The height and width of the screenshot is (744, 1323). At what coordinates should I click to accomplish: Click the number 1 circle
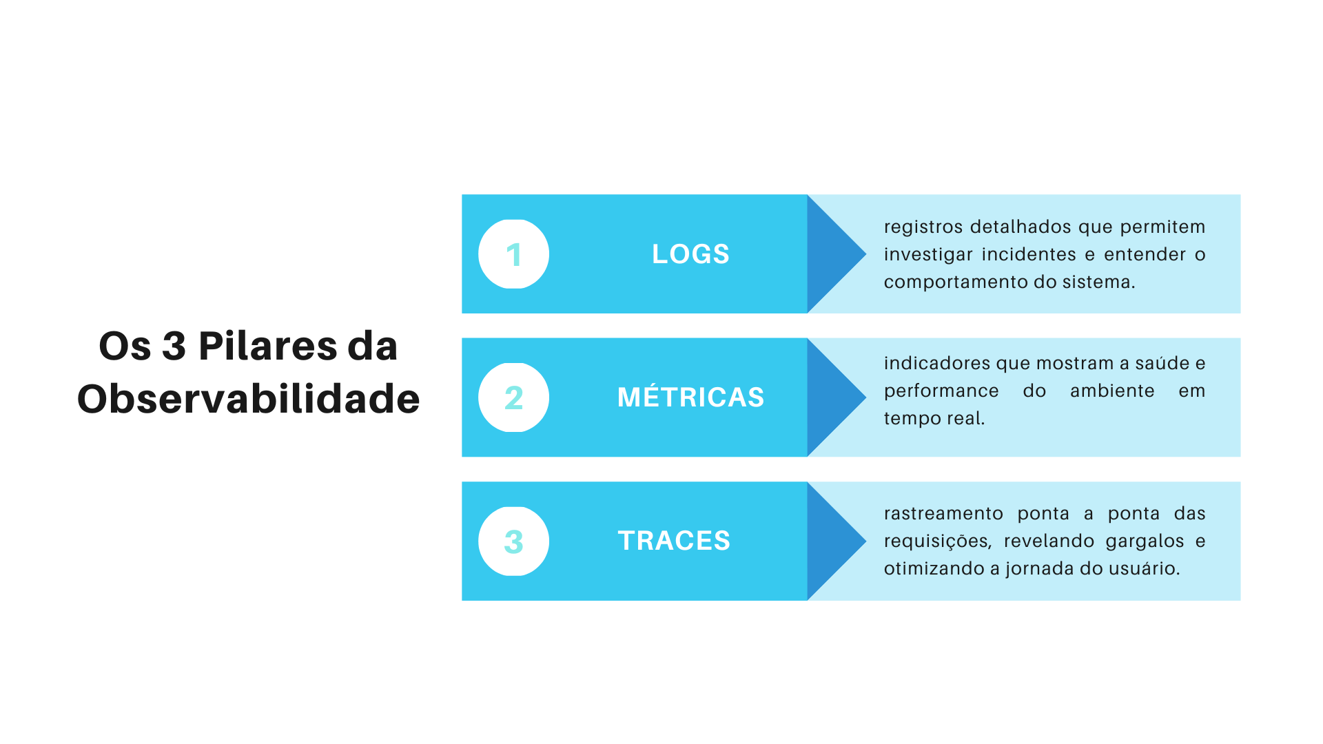point(513,254)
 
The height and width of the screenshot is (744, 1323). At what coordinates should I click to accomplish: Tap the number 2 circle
point(513,397)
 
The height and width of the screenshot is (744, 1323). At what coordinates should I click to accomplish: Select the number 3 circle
point(513,541)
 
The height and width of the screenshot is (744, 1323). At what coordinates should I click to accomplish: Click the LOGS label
point(690,254)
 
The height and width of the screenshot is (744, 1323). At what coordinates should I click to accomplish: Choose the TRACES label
point(674,541)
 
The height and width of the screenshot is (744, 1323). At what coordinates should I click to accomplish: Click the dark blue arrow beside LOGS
point(837,254)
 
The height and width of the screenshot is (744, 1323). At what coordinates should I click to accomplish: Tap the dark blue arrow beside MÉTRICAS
point(837,397)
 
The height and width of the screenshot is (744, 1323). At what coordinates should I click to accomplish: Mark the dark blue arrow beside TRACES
point(837,541)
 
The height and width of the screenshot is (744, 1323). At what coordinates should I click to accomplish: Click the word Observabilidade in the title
point(248,399)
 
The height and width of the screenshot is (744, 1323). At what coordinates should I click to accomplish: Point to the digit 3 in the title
point(174,346)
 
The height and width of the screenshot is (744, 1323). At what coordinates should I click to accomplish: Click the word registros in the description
point(923,228)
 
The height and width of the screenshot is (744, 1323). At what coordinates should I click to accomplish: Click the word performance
point(941,392)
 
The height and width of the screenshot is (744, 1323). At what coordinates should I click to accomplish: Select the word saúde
point(1162,363)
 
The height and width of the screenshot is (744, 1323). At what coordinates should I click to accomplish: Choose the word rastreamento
point(943,513)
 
